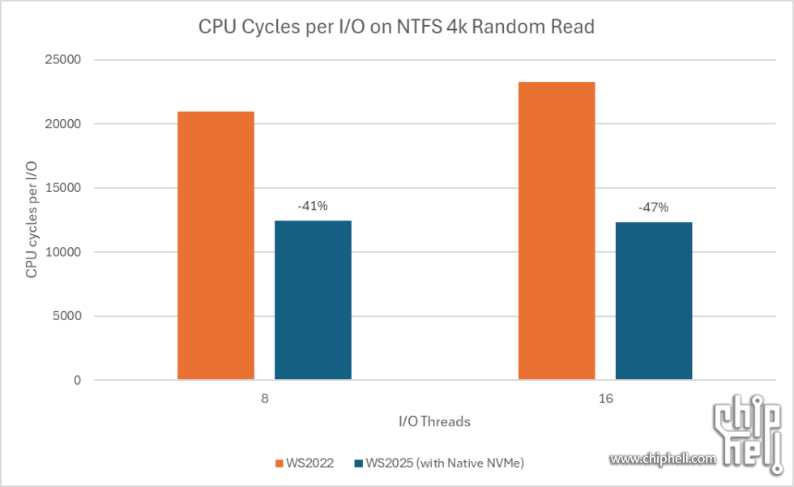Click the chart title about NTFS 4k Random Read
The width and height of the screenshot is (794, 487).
tap(397, 27)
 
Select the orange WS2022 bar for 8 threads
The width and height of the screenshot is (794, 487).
tap(216, 245)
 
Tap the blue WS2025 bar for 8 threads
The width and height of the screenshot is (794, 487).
tap(313, 300)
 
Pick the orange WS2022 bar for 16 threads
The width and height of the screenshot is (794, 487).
tap(557, 230)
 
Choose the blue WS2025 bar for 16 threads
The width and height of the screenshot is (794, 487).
tap(654, 301)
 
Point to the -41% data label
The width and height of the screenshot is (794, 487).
tap(313, 206)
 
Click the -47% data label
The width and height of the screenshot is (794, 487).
tap(654, 207)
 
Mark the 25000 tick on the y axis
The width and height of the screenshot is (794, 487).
tap(64, 60)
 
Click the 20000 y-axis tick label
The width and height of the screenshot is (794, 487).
tap(64, 124)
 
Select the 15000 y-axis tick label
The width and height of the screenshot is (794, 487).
tap(64, 188)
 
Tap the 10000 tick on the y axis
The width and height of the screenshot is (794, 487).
tap(64, 252)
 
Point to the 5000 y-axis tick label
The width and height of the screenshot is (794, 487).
tap(67, 316)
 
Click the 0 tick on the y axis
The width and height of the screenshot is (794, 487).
tap(78, 380)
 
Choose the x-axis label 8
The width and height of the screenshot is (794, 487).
tap(264, 400)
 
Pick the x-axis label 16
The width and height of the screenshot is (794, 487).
tap(605, 400)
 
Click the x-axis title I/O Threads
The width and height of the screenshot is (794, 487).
tap(434, 421)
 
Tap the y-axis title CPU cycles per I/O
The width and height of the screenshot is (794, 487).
tap(32, 220)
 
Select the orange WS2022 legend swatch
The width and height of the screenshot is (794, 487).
tap(279, 464)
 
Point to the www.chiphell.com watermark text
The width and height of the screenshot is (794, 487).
tap(663, 459)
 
